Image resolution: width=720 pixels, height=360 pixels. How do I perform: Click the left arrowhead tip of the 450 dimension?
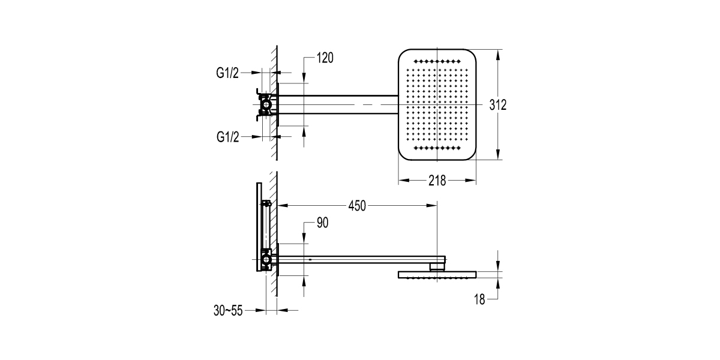tap(278, 205)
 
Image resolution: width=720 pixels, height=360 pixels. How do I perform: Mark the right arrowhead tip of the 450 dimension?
tap(437, 205)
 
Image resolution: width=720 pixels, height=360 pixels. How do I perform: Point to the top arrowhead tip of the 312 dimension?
tap(498, 50)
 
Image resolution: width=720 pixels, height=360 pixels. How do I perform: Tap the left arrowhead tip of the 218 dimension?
tap(399, 181)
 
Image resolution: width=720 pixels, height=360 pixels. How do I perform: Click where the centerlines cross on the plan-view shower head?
tap(437, 104)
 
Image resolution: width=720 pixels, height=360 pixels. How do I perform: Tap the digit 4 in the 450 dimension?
tap(352, 206)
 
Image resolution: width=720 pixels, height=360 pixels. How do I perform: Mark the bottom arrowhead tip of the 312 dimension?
tap(498, 160)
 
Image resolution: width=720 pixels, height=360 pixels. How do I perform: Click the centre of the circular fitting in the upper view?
tap(266, 104)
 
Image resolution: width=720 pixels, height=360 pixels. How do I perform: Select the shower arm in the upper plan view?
tap(338, 104)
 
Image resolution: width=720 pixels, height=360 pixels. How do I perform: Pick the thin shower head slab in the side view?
tap(437, 275)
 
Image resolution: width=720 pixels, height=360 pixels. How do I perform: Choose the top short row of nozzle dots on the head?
tap(437, 61)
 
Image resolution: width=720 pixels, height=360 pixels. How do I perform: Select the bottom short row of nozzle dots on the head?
tap(437, 148)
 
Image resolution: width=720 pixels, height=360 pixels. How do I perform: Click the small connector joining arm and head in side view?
tap(437, 268)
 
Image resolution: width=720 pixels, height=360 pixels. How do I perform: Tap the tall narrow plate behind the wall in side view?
tap(259, 227)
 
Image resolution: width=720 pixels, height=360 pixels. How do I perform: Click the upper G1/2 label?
tap(227, 73)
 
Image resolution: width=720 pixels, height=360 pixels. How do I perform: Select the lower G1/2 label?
tap(227, 137)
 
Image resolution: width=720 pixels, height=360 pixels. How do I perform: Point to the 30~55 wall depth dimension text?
tap(228, 311)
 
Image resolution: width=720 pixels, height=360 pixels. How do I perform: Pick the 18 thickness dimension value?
tap(479, 299)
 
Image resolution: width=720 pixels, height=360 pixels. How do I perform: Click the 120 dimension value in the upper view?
tap(325, 58)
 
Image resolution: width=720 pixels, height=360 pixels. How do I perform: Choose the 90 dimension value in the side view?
tap(322, 223)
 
